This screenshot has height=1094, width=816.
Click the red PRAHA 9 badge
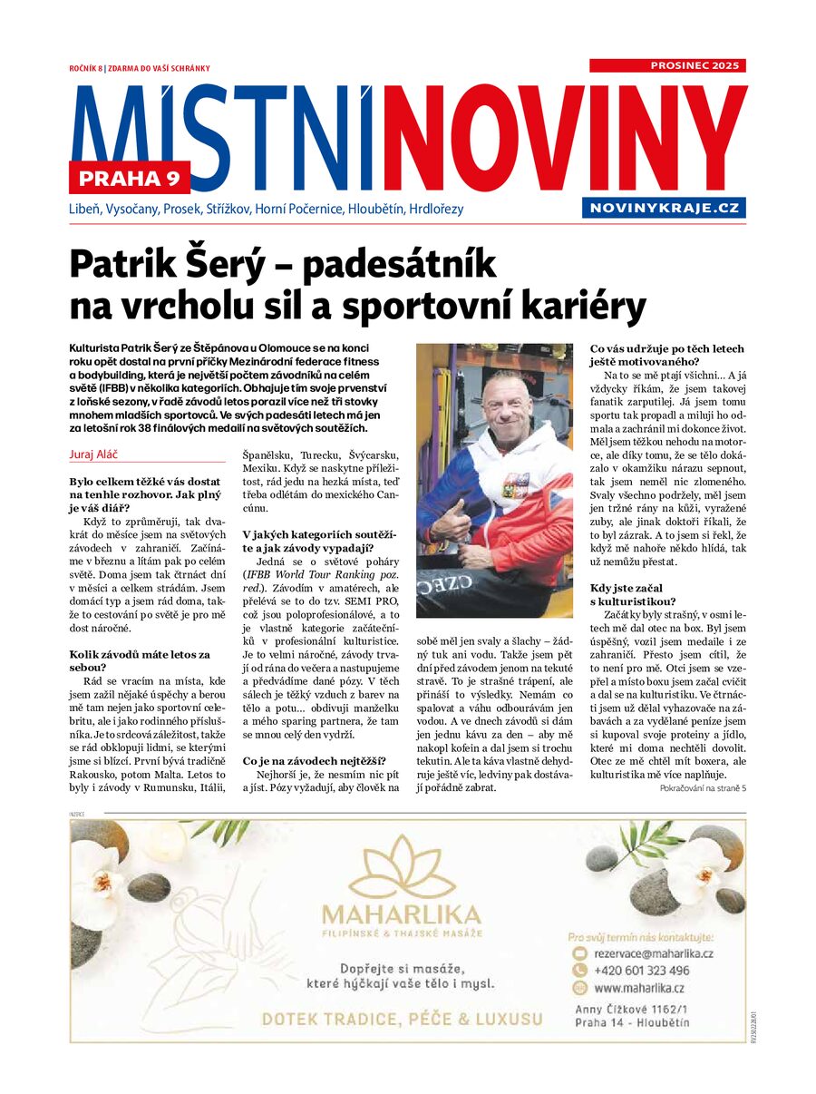click(129, 177)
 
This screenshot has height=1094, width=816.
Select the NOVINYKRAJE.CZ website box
click(665, 208)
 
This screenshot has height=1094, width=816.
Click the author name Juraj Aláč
click(96, 453)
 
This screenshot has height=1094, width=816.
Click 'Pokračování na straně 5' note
click(703, 789)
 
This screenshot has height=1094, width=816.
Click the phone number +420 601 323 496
click(642, 971)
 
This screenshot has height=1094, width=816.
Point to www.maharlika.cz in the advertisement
click(639, 988)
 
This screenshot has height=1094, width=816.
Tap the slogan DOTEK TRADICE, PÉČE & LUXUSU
click(402, 1019)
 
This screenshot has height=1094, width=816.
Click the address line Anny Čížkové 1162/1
click(633, 1009)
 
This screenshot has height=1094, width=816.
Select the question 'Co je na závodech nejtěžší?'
click(314, 760)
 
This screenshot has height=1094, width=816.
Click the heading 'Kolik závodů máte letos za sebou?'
click(140, 660)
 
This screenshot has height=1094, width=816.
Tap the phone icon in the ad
click(580, 971)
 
